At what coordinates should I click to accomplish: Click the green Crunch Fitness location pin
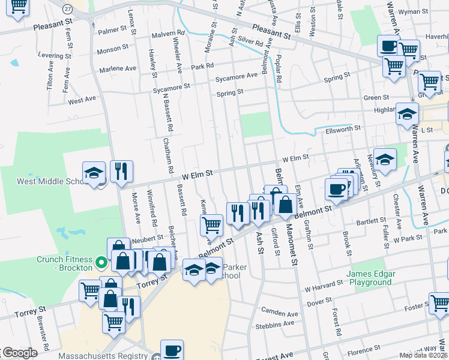click(101, 262)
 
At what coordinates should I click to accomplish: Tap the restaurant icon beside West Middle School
click(121, 172)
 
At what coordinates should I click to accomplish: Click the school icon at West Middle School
click(94, 173)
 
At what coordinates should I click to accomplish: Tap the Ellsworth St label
click(343, 128)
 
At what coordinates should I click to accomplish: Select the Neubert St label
click(143, 239)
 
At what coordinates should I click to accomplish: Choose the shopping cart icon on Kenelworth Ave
click(211, 226)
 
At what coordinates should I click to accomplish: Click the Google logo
click(19, 353)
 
